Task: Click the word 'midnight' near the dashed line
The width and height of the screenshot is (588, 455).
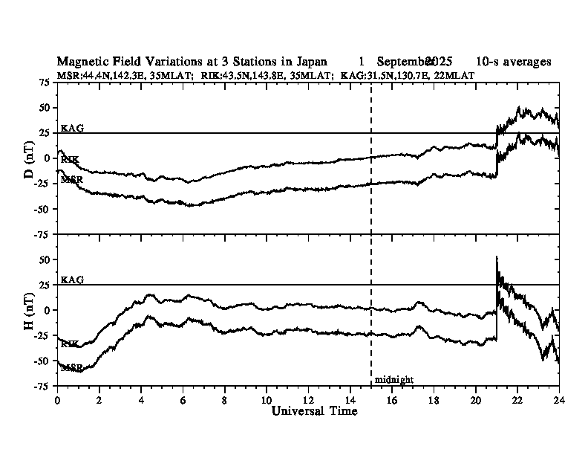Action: (393, 379)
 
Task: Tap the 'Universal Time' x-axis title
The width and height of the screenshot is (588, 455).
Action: (315, 411)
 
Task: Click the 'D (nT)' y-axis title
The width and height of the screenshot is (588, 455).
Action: (30, 158)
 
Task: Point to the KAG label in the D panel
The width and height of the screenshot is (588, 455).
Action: (72, 128)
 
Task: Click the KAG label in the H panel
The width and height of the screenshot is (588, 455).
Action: (72, 280)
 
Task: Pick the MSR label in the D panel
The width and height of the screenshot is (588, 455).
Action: (72, 179)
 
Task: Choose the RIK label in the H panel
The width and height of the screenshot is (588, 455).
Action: (71, 343)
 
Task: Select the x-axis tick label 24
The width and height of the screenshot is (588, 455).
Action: (558, 398)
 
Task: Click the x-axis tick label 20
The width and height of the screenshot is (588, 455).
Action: (474, 398)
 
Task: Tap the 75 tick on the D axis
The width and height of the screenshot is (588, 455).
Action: (45, 83)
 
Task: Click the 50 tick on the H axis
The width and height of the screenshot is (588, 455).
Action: (45, 260)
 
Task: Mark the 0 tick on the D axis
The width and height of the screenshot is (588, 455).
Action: (48, 158)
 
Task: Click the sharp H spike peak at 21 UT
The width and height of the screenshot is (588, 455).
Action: (497, 257)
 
